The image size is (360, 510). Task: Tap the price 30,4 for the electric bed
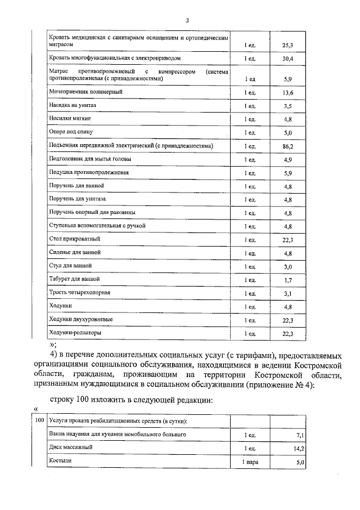(287, 59)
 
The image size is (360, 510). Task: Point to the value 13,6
(287, 92)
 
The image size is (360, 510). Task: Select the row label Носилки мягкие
(70, 119)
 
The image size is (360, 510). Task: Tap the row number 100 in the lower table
(39, 420)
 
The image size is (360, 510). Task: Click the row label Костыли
(60, 461)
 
